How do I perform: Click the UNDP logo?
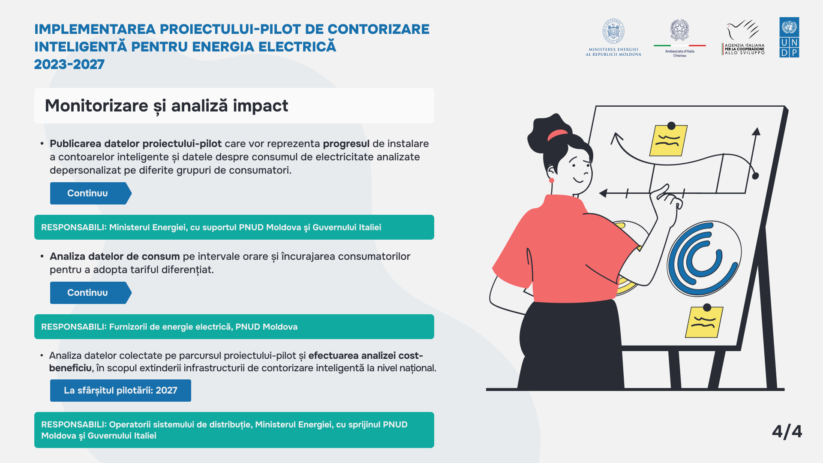(x=789, y=37)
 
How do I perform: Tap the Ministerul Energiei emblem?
(x=613, y=37)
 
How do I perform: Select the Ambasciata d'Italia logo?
(x=680, y=38)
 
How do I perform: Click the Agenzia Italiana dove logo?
(x=743, y=37)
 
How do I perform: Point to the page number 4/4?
(x=787, y=431)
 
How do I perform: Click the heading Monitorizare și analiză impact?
(x=166, y=105)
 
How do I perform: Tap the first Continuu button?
(x=90, y=193)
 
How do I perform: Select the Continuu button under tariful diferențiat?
(x=90, y=293)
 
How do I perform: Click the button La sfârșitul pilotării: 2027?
(x=120, y=391)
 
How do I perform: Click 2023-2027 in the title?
(x=69, y=64)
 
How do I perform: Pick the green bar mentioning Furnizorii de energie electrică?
(x=234, y=327)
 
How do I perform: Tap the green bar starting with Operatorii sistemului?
(x=234, y=430)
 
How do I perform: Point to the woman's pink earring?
(x=552, y=180)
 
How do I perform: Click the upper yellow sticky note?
(x=668, y=140)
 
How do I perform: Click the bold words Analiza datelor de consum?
(x=115, y=256)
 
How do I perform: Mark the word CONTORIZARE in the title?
(x=378, y=29)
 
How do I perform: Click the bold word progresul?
(x=346, y=144)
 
